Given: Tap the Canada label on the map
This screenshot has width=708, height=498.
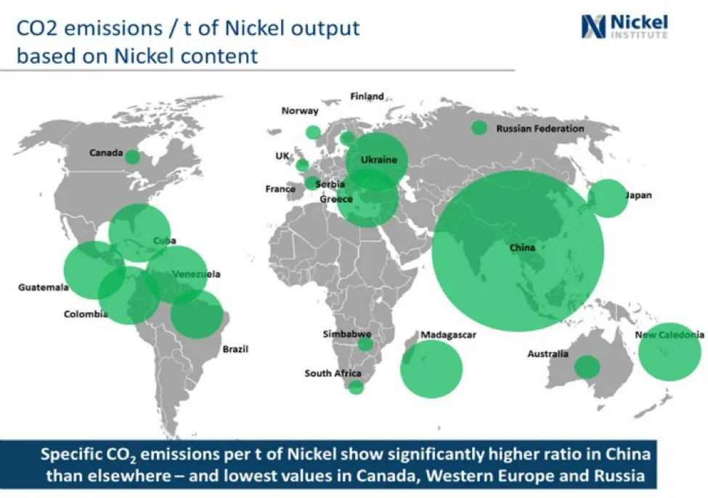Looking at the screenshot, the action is [x=106, y=152].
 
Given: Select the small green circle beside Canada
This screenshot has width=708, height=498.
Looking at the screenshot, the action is [x=132, y=157].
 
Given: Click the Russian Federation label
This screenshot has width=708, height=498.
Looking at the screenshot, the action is [x=540, y=128].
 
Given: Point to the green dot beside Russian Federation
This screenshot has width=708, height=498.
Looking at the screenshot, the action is [x=479, y=128].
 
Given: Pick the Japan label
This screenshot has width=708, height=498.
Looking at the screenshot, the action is [x=638, y=195].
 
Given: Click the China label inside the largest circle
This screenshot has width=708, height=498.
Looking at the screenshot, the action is [x=522, y=248].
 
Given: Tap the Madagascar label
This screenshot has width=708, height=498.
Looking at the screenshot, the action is [x=448, y=335].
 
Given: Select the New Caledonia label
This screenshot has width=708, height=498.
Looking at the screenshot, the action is [x=670, y=335].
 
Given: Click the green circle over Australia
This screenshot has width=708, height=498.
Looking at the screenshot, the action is [x=587, y=367].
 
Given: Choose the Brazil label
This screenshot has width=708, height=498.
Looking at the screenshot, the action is [x=235, y=349].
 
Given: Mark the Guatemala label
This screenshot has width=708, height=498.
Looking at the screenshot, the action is [x=44, y=287].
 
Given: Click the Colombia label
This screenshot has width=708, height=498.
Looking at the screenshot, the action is [x=86, y=314].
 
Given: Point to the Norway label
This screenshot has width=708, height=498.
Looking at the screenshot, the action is [x=300, y=110].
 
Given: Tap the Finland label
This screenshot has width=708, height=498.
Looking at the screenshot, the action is [x=367, y=96].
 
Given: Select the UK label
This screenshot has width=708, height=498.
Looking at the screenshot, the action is [x=282, y=156].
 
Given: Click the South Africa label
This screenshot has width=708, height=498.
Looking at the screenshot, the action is [x=333, y=373].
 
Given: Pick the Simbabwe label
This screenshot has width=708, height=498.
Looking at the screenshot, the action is [x=347, y=334].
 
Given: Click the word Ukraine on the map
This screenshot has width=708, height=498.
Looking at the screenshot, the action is [x=379, y=160].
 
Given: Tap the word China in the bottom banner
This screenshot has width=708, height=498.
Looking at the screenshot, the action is [x=628, y=454].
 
